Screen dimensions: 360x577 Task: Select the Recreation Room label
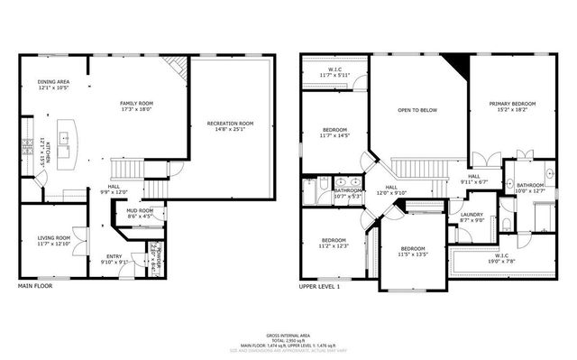point(230,125)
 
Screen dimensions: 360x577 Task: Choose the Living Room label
point(53,240)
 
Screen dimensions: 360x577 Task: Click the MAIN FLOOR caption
point(36,286)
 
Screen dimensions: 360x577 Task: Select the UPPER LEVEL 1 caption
point(319,286)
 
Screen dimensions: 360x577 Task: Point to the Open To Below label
point(418,110)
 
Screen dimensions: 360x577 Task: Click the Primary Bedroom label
point(512,106)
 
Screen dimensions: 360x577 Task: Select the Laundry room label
point(472,217)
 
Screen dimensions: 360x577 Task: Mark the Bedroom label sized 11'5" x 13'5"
point(413,251)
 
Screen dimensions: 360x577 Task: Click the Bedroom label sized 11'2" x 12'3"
point(333,243)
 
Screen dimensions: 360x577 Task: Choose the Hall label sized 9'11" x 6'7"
point(473,179)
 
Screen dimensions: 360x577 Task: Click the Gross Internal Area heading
point(289,334)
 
